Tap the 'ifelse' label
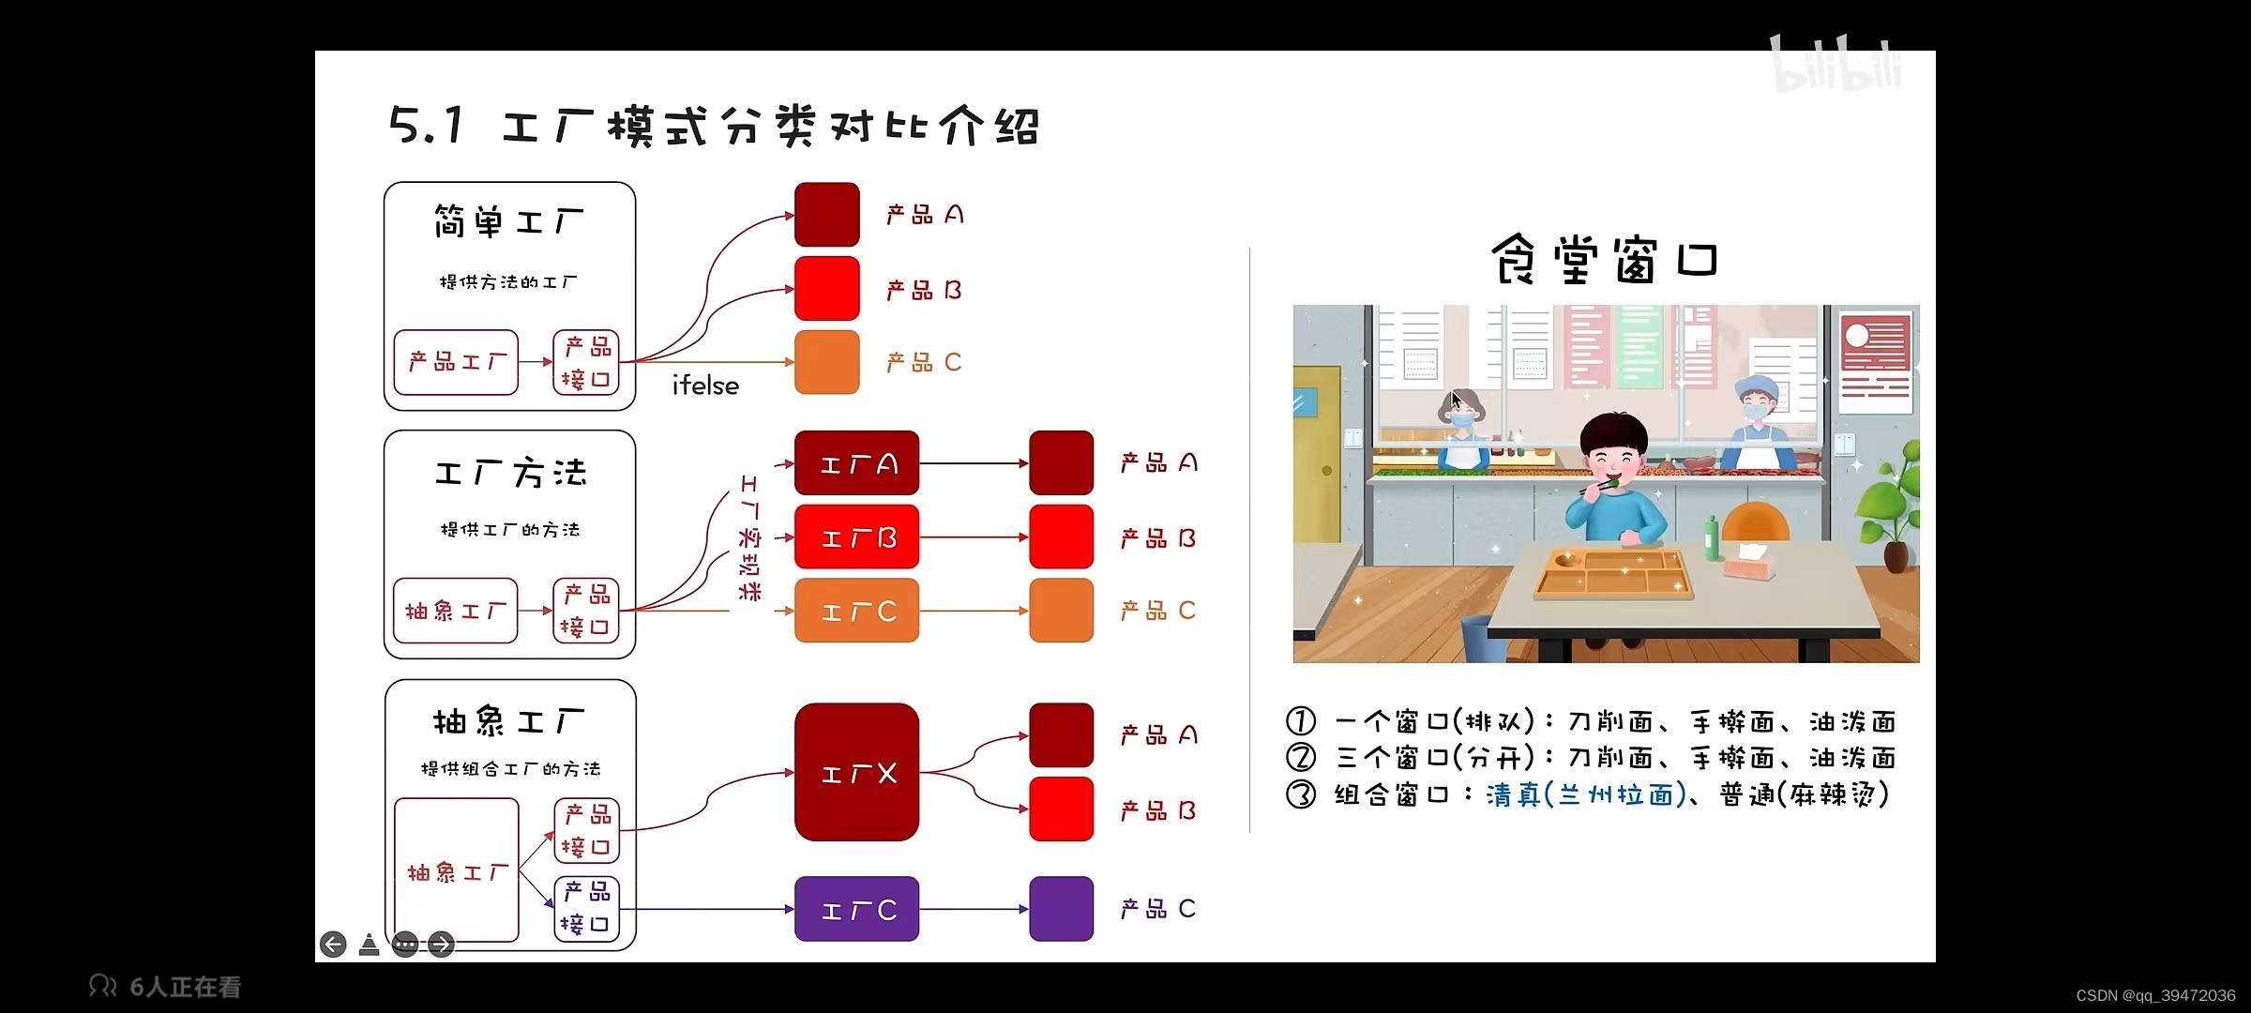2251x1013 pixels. (705, 386)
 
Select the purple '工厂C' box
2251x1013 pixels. (856, 909)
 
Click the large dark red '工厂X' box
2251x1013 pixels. (856, 772)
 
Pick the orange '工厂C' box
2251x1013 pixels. (856, 611)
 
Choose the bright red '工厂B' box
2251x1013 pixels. (856, 537)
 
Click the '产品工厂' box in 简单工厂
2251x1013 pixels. (456, 362)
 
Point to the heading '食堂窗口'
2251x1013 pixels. (1605, 259)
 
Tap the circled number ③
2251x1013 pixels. (1301, 794)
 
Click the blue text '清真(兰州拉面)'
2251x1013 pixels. (1586, 794)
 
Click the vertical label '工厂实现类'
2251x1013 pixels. (749, 537)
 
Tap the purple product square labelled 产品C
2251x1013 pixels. (1061, 909)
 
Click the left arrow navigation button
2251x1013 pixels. (333, 944)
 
